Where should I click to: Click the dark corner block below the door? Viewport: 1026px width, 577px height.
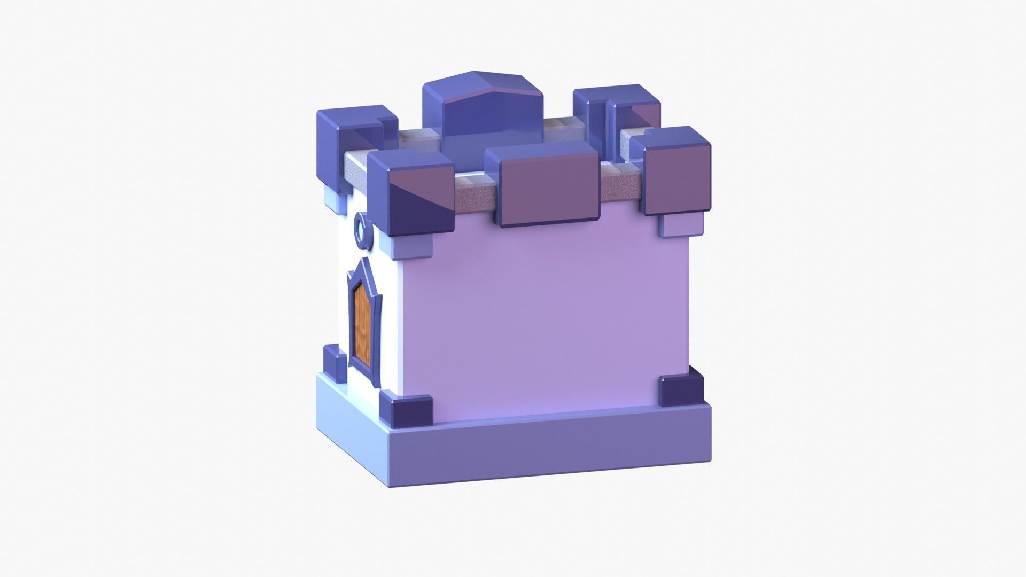point(406,411)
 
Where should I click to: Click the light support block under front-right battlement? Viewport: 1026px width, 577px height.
point(680,226)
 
